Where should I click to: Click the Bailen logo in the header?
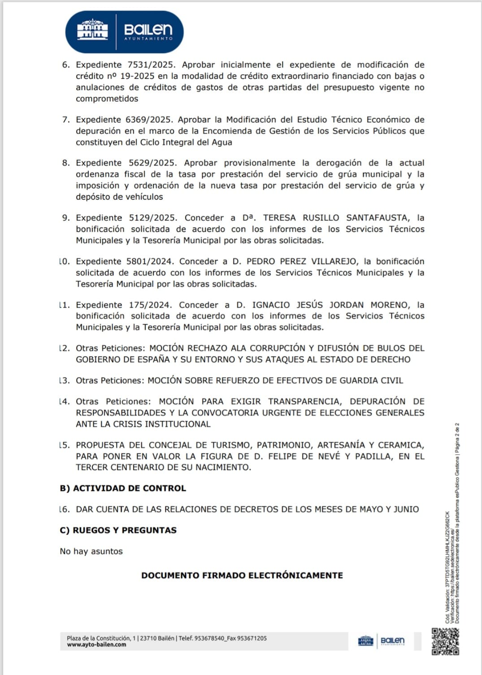(x=124, y=31)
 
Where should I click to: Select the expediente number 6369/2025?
(x=149, y=120)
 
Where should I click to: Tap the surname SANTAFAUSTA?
(x=378, y=218)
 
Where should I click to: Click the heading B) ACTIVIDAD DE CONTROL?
(x=122, y=488)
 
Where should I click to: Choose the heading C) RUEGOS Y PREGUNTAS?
(x=118, y=530)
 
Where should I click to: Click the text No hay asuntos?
(x=91, y=552)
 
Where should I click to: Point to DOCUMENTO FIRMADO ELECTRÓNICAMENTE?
(x=242, y=575)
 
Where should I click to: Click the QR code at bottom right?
(x=445, y=641)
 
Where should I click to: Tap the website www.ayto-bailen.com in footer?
(x=96, y=645)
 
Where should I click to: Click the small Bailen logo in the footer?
(x=381, y=641)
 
